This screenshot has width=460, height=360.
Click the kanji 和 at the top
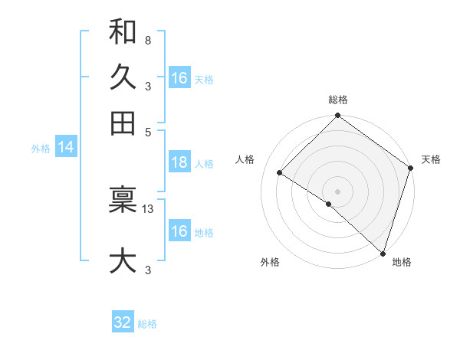tap(123, 33)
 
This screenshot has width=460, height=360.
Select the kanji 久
tap(123, 77)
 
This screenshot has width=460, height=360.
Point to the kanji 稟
tap(123, 201)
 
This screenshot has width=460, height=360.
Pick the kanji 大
tap(123, 260)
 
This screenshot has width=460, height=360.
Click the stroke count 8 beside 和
tap(147, 40)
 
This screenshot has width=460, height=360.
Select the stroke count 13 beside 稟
tap(148, 208)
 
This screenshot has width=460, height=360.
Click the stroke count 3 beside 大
tap(147, 269)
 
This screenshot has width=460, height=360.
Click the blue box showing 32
tap(123, 322)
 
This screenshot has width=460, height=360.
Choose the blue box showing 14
tap(65, 148)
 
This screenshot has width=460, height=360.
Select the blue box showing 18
tap(179, 162)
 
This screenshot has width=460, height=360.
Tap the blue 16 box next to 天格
tap(179, 78)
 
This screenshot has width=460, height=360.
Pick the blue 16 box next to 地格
tap(179, 231)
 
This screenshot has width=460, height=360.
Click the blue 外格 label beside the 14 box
tap(41, 149)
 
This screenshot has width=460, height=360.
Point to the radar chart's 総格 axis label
tap(338, 100)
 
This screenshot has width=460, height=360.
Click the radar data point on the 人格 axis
tap(280, 173)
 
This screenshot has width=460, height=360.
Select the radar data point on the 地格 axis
tap(383, 253)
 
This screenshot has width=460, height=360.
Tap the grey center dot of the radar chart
tap(337, 191)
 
